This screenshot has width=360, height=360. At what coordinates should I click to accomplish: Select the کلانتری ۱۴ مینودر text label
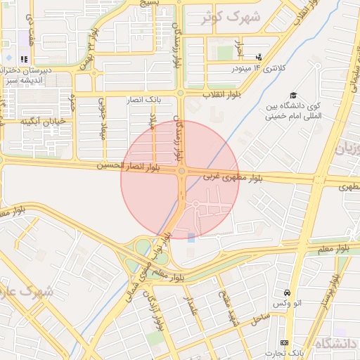261,68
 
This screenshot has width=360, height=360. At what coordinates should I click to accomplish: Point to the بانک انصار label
144,100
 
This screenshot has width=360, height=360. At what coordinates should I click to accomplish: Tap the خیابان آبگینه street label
43,122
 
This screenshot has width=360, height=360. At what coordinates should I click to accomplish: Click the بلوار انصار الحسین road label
127,167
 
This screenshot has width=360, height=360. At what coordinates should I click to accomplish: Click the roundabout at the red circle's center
181,171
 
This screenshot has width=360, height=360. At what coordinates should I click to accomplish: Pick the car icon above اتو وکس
287,292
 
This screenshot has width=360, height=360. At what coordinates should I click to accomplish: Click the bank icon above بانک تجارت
284,342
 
